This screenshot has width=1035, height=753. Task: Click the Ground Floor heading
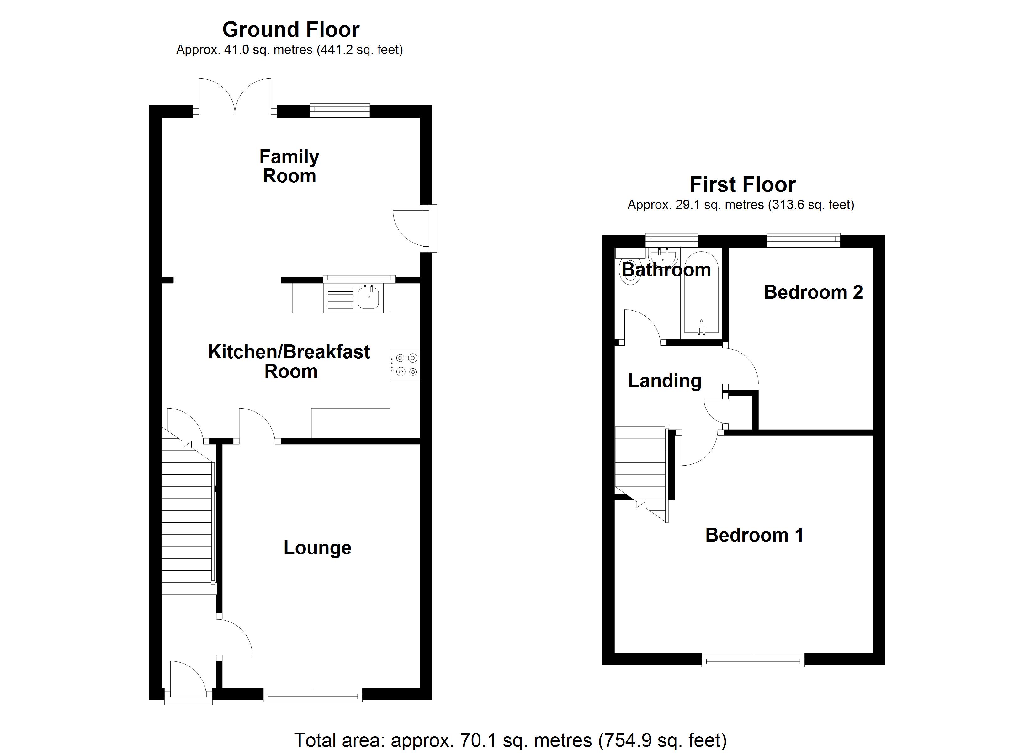pos(291,30)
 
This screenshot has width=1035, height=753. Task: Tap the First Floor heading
pos(742,185)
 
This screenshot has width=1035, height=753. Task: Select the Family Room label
pos(289,166)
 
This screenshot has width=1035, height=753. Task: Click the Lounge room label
pos(317,547)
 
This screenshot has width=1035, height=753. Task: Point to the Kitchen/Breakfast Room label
pos(289,361)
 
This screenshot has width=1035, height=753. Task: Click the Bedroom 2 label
pos(813,292)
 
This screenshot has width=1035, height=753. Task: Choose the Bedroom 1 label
pos(754,535)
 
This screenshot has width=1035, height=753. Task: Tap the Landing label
pos(665,381)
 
